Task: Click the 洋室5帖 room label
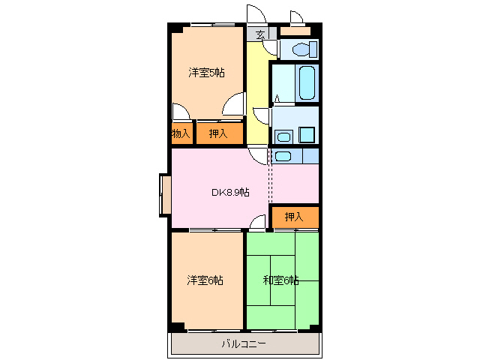tap(206, 73)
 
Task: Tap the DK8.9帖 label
tap(229, 192)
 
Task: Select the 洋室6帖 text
tap(205, 280)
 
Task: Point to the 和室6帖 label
tap(281, 280)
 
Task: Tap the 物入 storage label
tap(181, 133)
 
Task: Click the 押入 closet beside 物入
tap(218, 133)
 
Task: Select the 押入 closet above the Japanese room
tap(294, 217)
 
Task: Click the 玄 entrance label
tap(260, 34)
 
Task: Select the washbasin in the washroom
tap(282, 136)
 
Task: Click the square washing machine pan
tap(307, 135)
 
